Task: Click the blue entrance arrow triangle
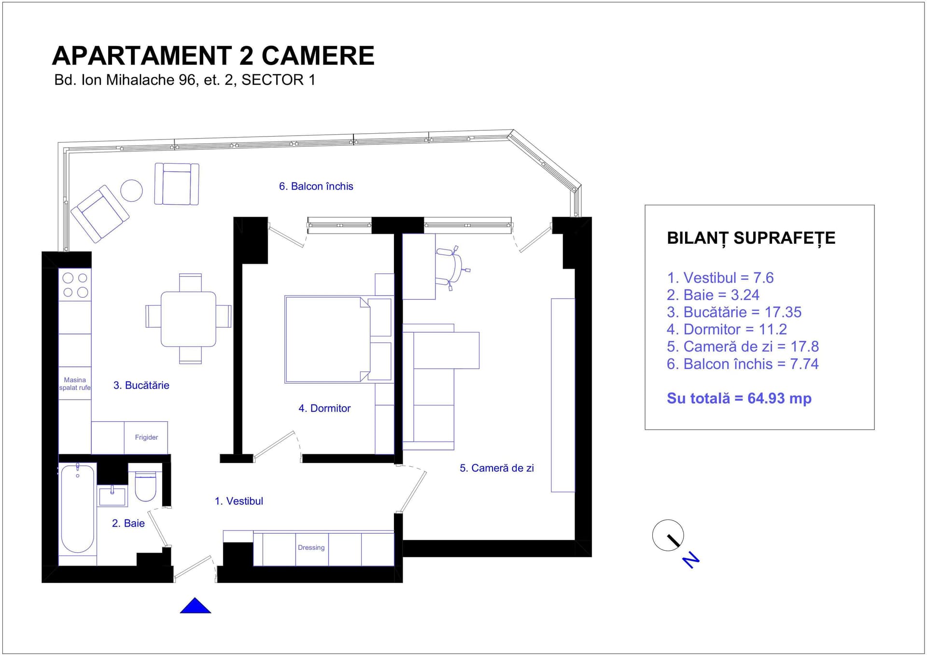[x=195, y=607]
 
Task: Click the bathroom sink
[x=112, y=496]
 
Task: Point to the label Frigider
[x=146, y=437]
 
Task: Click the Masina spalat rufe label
[x=75, y=384]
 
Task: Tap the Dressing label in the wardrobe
[x=311, y=547]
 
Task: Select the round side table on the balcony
[x=131, y=190]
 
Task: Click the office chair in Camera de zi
[x=451, y=268]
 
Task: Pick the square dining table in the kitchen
[x=188, y=319]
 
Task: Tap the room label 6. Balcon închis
[x=316, y=186]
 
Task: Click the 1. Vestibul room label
[x=239, y=501]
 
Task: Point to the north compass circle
[x=668, y=535]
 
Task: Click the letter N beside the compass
[x=691, y=560]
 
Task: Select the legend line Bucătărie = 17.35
[x=734, y=312]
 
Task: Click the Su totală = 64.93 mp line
[x=739, y=398]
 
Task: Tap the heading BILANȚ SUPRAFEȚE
[x=751, y=238]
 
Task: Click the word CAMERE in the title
[x=318, y=56]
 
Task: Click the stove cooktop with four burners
[x=75, y=285]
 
